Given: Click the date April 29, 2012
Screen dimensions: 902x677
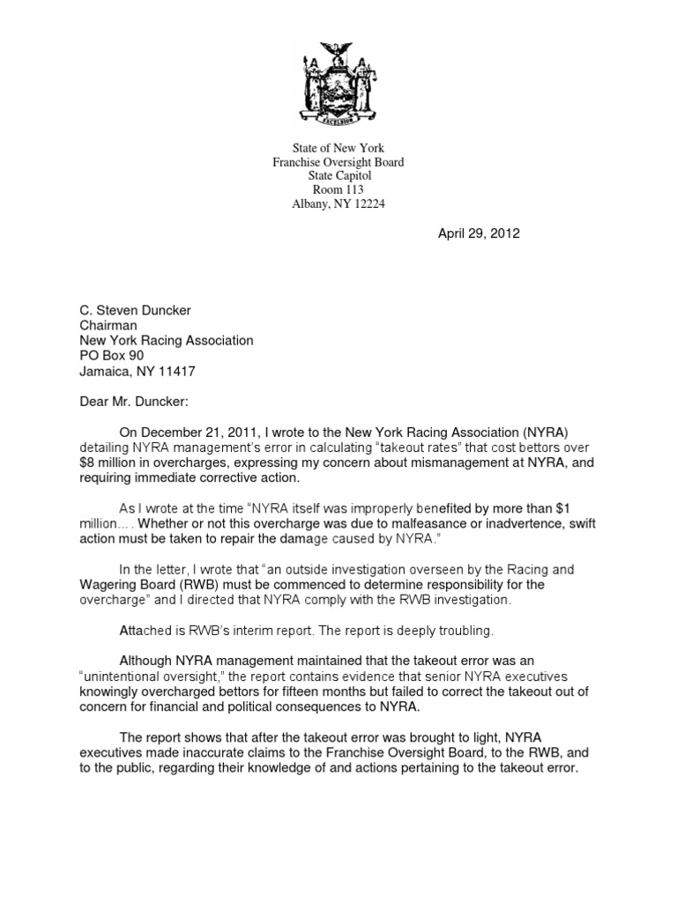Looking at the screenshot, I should coord(479,233).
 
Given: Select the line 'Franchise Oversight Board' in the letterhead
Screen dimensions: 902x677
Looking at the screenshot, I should coord(338,163).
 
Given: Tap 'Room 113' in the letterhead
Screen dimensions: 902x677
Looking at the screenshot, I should coord(338,190).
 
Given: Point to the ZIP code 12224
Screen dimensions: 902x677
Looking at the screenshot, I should coord(365,204).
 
